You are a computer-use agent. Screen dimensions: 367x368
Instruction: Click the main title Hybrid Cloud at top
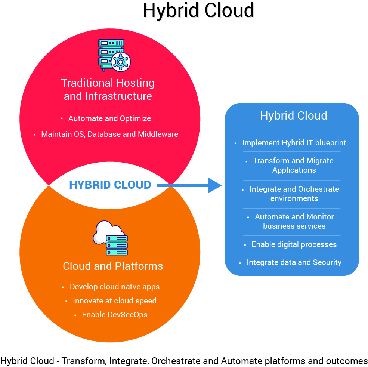tap(198, 10)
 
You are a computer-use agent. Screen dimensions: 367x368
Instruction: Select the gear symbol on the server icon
tap(121, 62)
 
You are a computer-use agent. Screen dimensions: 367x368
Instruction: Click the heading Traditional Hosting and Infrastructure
tap(108, 89)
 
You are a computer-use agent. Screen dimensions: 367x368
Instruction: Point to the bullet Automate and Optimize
tap(109, 118)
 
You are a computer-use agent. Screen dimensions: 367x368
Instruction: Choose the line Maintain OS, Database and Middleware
tap(109, 134)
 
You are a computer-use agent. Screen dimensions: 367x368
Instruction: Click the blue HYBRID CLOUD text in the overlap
tap(110, 185)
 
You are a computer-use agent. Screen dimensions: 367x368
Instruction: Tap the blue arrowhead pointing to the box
tap(214, 185)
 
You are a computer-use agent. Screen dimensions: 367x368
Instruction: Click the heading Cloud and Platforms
tap(113, 266)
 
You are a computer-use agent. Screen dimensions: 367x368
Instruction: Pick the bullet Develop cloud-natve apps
tap(114, 287)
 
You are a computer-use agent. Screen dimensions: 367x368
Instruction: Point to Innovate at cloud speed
tap(114, 301)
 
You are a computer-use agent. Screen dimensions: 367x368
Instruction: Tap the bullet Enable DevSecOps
tap(114, 315)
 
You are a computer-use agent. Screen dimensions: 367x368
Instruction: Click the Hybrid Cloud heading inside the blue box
tap(294, 115)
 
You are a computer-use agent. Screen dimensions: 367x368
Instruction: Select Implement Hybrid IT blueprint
tap(294, 143)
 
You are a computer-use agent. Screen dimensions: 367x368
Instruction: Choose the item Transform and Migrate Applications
tap(294, 165)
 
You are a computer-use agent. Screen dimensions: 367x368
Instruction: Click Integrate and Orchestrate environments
tap(294, 194)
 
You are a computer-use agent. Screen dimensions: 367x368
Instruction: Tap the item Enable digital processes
tap(294, 244)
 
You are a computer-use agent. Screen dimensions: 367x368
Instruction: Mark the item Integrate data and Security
tap(294, 262)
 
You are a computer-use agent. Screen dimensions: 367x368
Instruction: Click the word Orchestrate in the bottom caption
tap(176, 361)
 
